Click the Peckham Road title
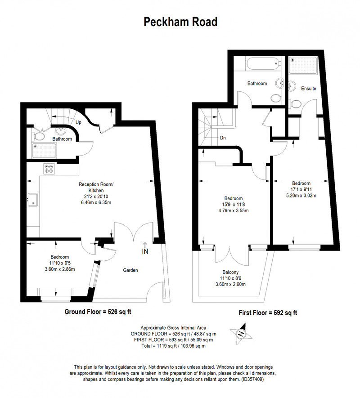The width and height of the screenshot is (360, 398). pyautogui.click(x=180, y=22)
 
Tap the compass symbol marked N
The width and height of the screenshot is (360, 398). pyautogui.click(x=241, y=334)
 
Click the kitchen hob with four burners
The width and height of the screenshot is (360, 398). pyautogui.click(x=49, y=169)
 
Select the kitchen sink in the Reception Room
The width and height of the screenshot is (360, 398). pyautogui.click(x=33, y=199)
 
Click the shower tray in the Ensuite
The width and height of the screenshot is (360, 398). pyautogui.click(x=303, y=66)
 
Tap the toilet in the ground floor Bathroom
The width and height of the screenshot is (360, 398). pyautogui.click(x=38, y=136)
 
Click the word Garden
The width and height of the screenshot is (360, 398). pyautogui.click(x=130, y=270)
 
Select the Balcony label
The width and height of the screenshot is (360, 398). pyautogui.click(x=230, y=272)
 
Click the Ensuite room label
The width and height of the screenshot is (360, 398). pyautogui.click(x=308, y=88)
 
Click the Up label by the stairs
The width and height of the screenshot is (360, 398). pyautogui.click(x=78, y=122)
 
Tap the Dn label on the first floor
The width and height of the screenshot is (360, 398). pyautogui.click(x=223, y=138)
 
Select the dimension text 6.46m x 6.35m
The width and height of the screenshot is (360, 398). pyautogui.click(x=96, y=202)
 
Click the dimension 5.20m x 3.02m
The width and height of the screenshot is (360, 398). pyautogui.click(x=301, y=196)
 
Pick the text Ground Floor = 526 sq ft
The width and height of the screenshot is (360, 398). pyautogui.click(x=98, y=312)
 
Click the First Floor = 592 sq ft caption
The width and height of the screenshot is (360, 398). pyautogui.click(x=268, y=313)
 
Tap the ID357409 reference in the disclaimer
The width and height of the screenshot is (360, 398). pyautogui.click(x=252, y=380)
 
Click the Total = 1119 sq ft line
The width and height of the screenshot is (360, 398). pyautogui.click(x=174, y=346)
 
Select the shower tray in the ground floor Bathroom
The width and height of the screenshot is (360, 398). pyautogui.click(x=44, y=150)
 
